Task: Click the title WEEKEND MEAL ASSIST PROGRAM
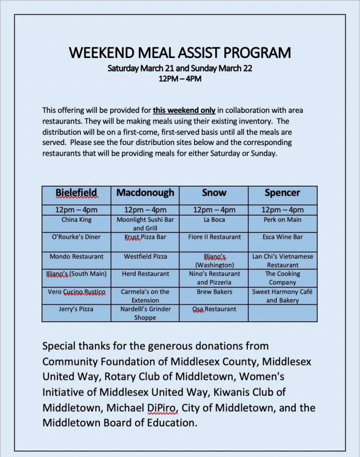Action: tap(180, 53)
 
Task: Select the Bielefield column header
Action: tap(76, 193)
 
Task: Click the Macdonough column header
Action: tap(145, 193)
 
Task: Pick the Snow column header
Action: tap(214, 193)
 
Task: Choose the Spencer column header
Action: tap(282, 193)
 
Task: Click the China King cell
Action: tap(76, 220)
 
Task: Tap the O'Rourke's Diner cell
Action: tap(76, 237)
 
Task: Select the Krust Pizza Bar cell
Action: tap(145, 237)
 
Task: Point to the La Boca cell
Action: tap(214, 220)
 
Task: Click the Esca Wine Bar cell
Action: tap(282, 237)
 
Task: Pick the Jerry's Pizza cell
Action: tap(76, 309)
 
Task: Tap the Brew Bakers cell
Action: tap(214, 292)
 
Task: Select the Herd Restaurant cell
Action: tap(145, 274)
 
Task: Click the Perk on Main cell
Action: tap(282, 220)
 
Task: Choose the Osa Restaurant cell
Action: tap(214, 309)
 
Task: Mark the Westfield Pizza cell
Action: tap(145, 257)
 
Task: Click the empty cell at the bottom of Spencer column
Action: tap(282, 313)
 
